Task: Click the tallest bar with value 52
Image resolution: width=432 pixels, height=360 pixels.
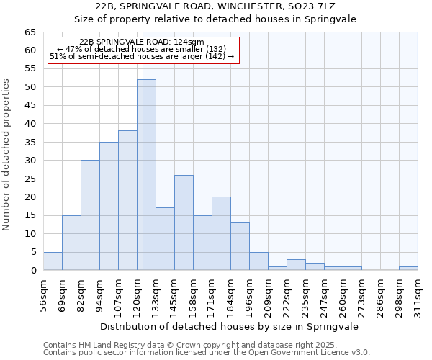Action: click(x=146, y=175)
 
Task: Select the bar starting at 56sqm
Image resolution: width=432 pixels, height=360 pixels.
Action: click(x=53, y=261)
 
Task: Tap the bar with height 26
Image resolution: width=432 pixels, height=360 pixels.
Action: click(x=184, y=222)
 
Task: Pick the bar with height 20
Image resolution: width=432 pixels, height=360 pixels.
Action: click(x=221, y=233)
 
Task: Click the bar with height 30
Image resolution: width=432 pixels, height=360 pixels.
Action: click(x=90, y=215)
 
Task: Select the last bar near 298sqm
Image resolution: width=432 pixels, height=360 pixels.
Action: click(x=408, y=269)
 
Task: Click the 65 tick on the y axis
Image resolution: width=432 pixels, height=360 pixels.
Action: click(x=30, y=32)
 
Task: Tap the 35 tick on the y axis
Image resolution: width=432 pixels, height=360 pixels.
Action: click(x=30, y=143)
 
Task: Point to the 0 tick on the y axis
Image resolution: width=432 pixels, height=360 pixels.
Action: click(x=32, y=271)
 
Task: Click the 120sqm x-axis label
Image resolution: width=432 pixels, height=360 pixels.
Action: click(x=137, y=295)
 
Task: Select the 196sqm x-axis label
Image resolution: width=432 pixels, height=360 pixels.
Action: click(x=249, y=295)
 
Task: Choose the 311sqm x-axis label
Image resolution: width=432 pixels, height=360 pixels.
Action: click(x=418, y=295)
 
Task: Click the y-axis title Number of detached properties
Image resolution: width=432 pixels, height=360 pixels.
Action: click(x=6, y=155)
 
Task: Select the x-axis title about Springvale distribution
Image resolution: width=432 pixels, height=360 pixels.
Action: click(x=230, y=326)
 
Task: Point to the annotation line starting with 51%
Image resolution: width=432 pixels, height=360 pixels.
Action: click(x=142, y=56)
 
